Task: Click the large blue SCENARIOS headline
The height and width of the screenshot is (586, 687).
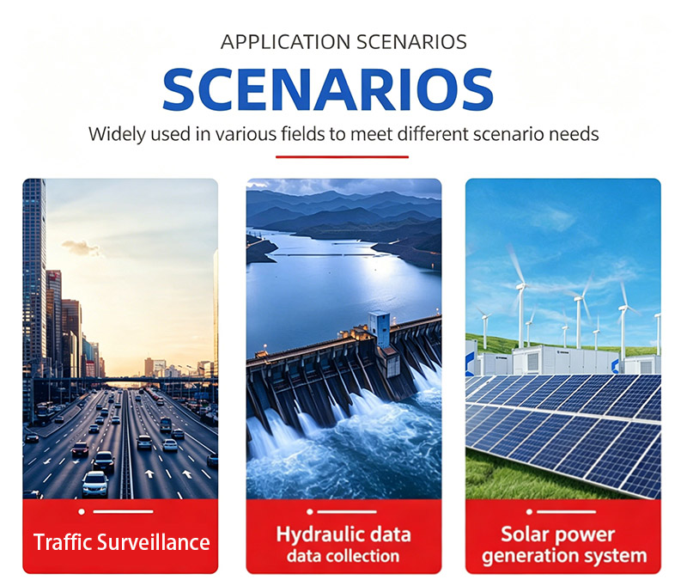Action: (328, 89)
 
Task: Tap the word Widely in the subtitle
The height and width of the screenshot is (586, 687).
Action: (117, 134)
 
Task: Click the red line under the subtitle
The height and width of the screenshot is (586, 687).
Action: (342, 156)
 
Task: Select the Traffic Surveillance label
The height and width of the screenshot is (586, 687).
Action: (121, 542)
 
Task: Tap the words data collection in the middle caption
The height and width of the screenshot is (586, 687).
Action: (343, 556)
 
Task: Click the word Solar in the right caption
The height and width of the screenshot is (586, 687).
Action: (525, 534)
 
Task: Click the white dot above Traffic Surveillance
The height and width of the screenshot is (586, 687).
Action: (82, 511)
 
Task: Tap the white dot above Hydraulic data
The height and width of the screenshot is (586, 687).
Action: (310, 511)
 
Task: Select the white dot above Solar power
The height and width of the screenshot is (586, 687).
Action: (529, 511)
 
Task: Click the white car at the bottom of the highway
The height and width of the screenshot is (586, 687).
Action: (95, 484)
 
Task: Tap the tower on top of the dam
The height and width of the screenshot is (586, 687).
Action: (379, 328)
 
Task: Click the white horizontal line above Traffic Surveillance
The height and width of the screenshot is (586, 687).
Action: (123, 511)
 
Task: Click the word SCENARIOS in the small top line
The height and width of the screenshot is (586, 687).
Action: (411, 42)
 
